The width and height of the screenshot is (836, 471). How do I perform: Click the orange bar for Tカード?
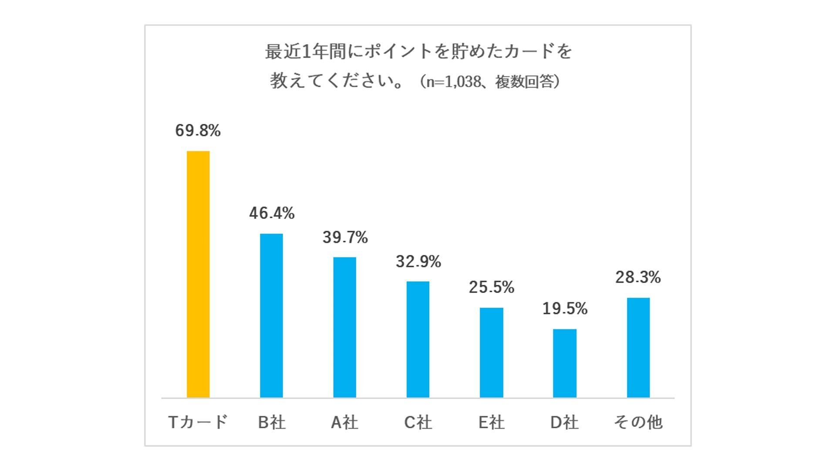(x=198, y=274)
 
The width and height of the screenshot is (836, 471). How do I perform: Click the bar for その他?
(x=638, y=348)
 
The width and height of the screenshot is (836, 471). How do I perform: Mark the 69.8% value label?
(x=198, y=130)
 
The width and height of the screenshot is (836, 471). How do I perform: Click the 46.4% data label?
(x=272, y=213)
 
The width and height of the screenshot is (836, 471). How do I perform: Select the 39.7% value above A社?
(x=345, y=237)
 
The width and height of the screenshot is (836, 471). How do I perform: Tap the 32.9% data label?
(x=418, y=261)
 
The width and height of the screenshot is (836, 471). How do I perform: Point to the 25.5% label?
(x=492, y=287)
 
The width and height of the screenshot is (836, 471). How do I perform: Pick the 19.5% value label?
(x=565, y=308)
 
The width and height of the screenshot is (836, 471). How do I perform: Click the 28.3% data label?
(x=638, y=277)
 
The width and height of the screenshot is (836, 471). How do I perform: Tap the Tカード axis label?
(x=198, y=422)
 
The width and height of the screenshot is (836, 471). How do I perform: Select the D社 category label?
(x=564, y=422)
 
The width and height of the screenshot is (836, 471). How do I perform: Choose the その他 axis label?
(x=638, y=422)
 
